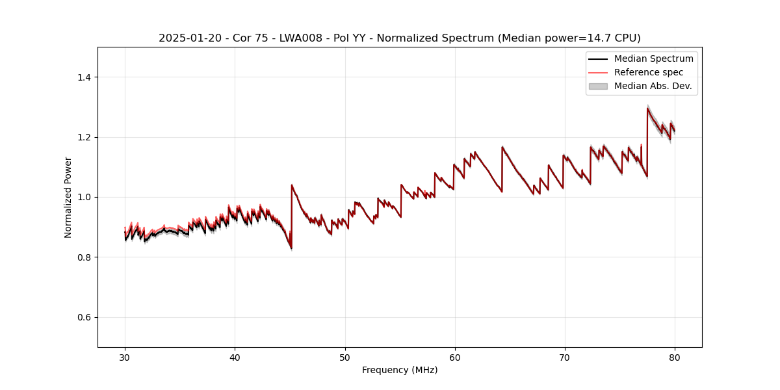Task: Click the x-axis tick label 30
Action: click(x=125, y=357)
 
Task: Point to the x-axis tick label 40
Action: click(x=235, y=357)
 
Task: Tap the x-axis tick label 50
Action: click(x=344, y=357)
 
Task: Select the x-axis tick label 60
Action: click(x=455, y=357)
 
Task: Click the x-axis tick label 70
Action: click(x=565, y=357)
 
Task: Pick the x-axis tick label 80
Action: click(x=675, y=357)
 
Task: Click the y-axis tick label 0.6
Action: click(x=85, y=317)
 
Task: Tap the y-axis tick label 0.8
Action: click(x=85, y=257)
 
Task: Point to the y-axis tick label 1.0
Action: click(x=85, y=197)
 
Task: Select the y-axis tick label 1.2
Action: click(x=85, y=137)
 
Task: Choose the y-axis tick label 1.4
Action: click(x=85, y=77)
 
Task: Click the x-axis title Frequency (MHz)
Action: click(x=400, y=370)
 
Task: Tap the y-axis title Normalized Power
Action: click(x=68, y=197)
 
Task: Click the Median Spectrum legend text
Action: click(x=653, y=58)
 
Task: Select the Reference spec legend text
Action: click(x=649, y=72)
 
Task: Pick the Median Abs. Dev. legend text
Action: click(x=653, y=86)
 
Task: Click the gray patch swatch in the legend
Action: click(x=598, y=86)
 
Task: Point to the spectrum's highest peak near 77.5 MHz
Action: click(x=647, y=108)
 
